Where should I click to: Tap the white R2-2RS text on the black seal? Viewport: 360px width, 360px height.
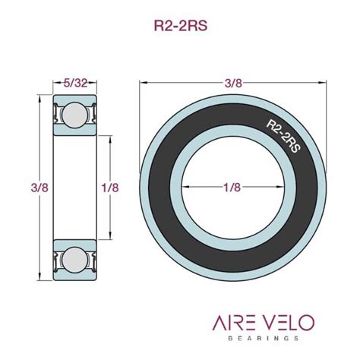coord(281,134)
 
